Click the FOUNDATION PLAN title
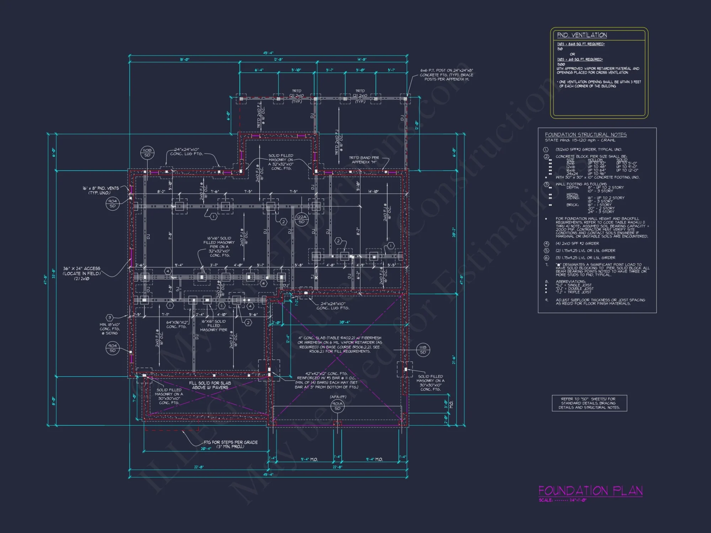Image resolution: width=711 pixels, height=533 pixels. click(590, 491)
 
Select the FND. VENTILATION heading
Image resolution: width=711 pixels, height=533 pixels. click(582, 35)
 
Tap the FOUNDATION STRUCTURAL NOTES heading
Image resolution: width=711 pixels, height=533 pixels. click(586, 135)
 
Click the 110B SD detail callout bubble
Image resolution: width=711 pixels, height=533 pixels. click(147, 152)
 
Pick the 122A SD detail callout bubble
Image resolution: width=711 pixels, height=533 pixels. click(301, 219)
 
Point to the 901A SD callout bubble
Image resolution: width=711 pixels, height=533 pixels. click(337, 406)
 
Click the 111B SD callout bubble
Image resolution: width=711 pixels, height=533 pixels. click(423, 350)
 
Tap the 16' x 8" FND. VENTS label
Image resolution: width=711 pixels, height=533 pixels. click(101, 190)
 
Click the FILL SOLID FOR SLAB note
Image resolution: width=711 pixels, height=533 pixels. click(210, 385)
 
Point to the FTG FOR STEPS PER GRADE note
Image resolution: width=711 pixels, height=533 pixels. click(230, 444)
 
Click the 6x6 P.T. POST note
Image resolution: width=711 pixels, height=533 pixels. click(447, 75)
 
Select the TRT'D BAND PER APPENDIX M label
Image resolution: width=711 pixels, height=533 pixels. click(364, 160)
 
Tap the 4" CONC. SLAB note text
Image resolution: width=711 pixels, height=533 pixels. click(340, 344)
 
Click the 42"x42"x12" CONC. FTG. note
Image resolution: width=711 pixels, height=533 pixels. click(326, 380)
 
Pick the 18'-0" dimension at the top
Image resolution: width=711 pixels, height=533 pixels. click(185, 60)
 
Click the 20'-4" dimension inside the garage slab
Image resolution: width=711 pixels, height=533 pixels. click(344, 322)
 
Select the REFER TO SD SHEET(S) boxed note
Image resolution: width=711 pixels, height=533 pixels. click(589, 403)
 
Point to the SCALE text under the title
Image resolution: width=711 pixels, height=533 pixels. click(562, 500)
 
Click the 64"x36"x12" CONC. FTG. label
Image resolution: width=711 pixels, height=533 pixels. click(176, 324)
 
